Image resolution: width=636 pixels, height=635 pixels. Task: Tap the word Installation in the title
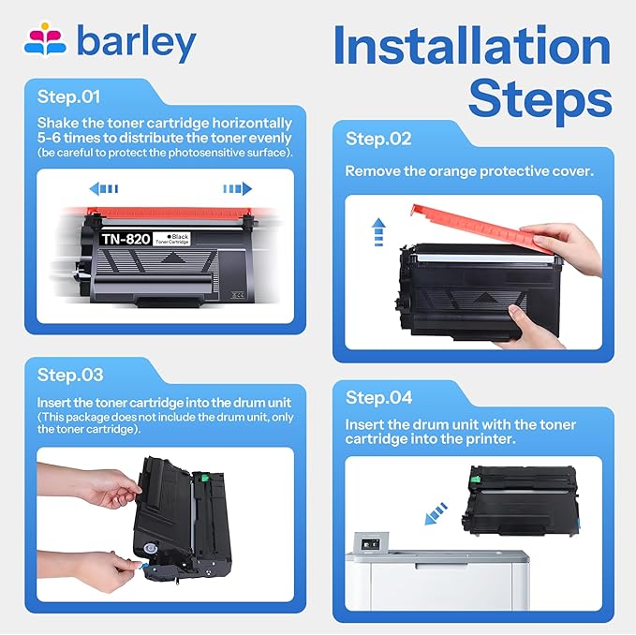pos(471,46)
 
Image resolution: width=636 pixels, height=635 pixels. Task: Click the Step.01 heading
pos(68,96)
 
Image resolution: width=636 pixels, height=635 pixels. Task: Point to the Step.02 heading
pos(378,139)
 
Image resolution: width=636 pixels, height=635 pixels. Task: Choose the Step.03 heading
pos(70,375)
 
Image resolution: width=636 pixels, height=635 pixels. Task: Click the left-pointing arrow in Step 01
pos(103,188)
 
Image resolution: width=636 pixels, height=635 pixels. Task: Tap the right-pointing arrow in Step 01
pos(237,188)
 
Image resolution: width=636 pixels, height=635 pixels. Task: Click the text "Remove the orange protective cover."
pos(468,171)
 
